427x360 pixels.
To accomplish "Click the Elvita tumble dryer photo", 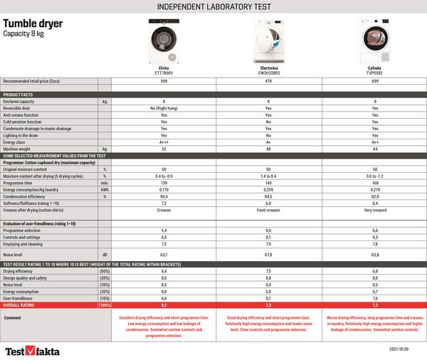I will [164, 42].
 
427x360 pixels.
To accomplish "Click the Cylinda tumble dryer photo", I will [375, 42].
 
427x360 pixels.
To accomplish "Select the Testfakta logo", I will [33, 350].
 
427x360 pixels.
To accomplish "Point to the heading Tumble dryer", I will [33, 23].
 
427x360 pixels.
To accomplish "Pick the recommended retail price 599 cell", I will [164, 82].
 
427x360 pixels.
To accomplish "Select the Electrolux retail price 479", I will [269, 82].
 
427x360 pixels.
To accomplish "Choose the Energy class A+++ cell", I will [164, 142].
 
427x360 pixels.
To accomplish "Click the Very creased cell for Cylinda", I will [375, 211].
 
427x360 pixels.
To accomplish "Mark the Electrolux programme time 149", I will [269, 183].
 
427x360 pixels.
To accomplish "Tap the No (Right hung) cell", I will [164, 108].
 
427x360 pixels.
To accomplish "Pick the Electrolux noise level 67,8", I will [269, 254].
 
